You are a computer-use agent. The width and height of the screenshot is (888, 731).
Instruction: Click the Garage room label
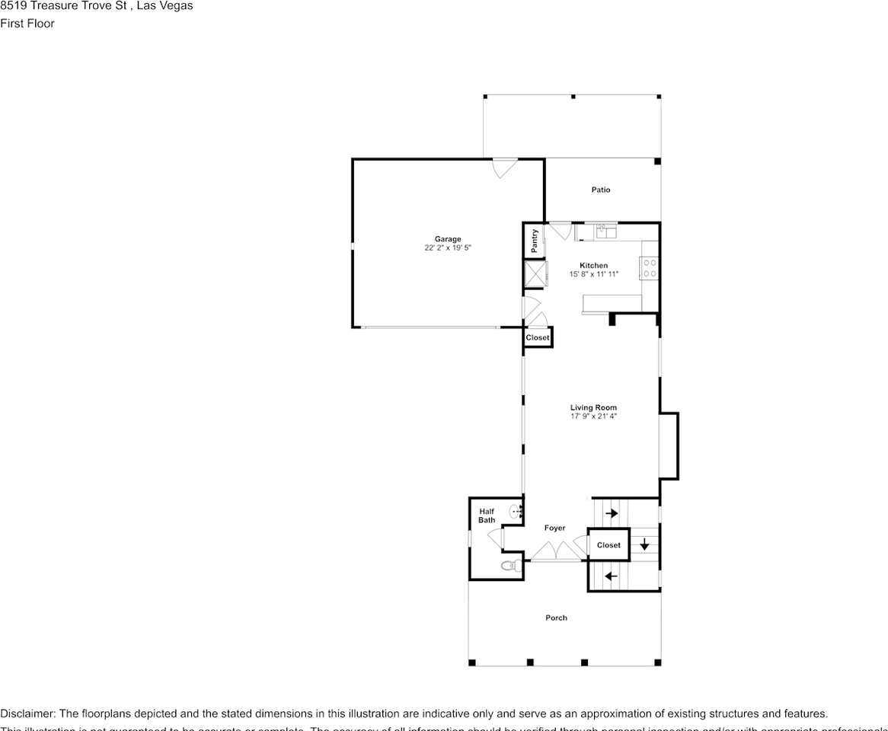tap(448, 239)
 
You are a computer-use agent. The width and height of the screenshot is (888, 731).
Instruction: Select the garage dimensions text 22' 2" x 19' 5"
tap(448, 248)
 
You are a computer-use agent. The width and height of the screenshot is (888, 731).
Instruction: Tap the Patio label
tap(601, 190)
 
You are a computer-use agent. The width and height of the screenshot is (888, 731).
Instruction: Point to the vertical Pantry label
tap(535, 241)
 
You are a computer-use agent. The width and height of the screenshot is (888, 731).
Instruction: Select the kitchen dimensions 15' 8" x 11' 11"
tap(594, 274)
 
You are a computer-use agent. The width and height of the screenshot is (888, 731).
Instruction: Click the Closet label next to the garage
tap(537, 337)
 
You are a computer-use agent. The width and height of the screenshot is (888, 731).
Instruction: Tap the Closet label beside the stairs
tap(609, 545)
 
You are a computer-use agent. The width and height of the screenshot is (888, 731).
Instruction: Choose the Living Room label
tap(593, 408)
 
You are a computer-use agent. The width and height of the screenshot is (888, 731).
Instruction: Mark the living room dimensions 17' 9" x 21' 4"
tap(593, 417)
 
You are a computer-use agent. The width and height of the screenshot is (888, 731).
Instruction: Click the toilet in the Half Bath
tap(510, 566)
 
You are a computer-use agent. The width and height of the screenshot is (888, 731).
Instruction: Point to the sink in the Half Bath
tap(516, 511)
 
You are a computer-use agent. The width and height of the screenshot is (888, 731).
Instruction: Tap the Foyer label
tap(554, 528)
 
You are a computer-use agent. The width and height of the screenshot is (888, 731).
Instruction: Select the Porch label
tap(556, 618)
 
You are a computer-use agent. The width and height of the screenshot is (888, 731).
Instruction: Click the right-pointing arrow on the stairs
tap(611, 513)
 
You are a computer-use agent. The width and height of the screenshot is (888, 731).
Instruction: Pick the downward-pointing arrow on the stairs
tap(644, 544)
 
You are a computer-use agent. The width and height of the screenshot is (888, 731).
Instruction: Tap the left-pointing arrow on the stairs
tap(610, 576)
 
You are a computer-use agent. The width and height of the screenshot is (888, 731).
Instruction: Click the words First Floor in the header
tap(27, 23)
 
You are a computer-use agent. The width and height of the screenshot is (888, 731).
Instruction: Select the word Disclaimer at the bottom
tap(27, 713)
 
